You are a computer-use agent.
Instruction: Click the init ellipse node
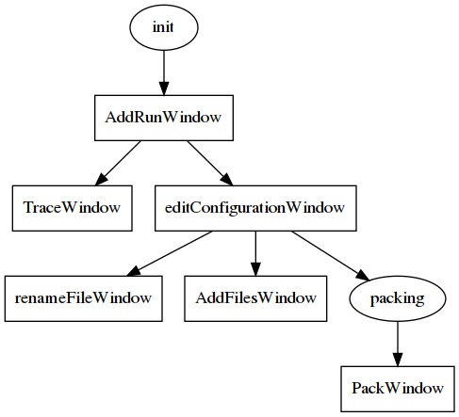(x=164, y=27)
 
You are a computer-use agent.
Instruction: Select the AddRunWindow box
(x=164, y=118)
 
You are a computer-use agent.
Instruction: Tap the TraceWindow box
(x=73, y=208)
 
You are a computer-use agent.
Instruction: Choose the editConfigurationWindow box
(x=255, y=208)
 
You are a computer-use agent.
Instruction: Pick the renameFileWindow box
(x=84, y=298)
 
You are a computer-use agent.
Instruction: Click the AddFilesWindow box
(x=255, y=298)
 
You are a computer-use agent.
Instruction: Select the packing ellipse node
(x=398, y=298)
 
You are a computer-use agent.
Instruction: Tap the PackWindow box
(x=398, y=389)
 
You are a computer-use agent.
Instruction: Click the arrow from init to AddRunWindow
(x=164, y=72)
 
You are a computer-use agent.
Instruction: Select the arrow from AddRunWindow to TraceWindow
(x=118, y=163)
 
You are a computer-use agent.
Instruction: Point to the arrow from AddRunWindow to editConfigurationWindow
(x=210, y=163)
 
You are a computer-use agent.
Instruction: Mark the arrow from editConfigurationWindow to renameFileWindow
(x=170, y=253)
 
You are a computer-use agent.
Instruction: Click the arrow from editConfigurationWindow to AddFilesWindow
(x=255, y=253)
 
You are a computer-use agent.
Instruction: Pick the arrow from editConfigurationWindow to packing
(x=331, y=255)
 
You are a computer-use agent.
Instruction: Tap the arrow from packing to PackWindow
(x=398, y=344)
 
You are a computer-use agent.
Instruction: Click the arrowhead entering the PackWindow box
(x=398, y=360)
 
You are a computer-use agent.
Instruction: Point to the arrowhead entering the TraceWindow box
(x=101, y=180)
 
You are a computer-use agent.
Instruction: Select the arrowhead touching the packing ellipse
(x=363, y=275)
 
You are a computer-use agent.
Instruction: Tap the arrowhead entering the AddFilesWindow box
(x=255, y=269)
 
